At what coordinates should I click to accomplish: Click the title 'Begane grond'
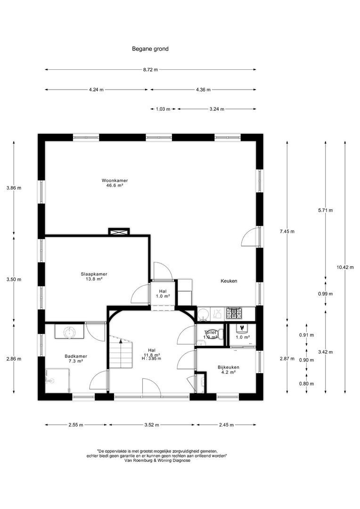(x=150, y=49)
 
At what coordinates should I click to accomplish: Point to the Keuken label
(x=229, y=281)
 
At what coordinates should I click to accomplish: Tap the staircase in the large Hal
(x=121, y=353)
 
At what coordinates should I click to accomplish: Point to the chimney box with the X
(x=119, y=231)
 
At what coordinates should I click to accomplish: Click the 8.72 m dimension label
(x=150, y=70)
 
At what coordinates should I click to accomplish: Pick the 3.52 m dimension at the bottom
(x=152, y=425)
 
